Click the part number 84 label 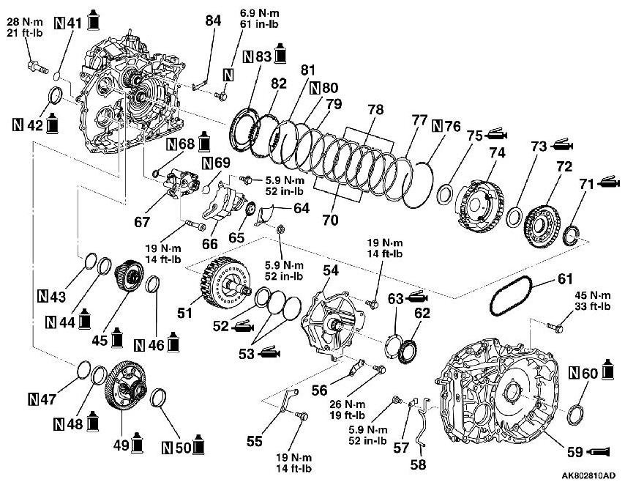pyautogui.click(x=213, y=21)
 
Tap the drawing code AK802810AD pyautogui.click(x=584, y=475)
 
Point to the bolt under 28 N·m pyautogui.click(x=36, y=66)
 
